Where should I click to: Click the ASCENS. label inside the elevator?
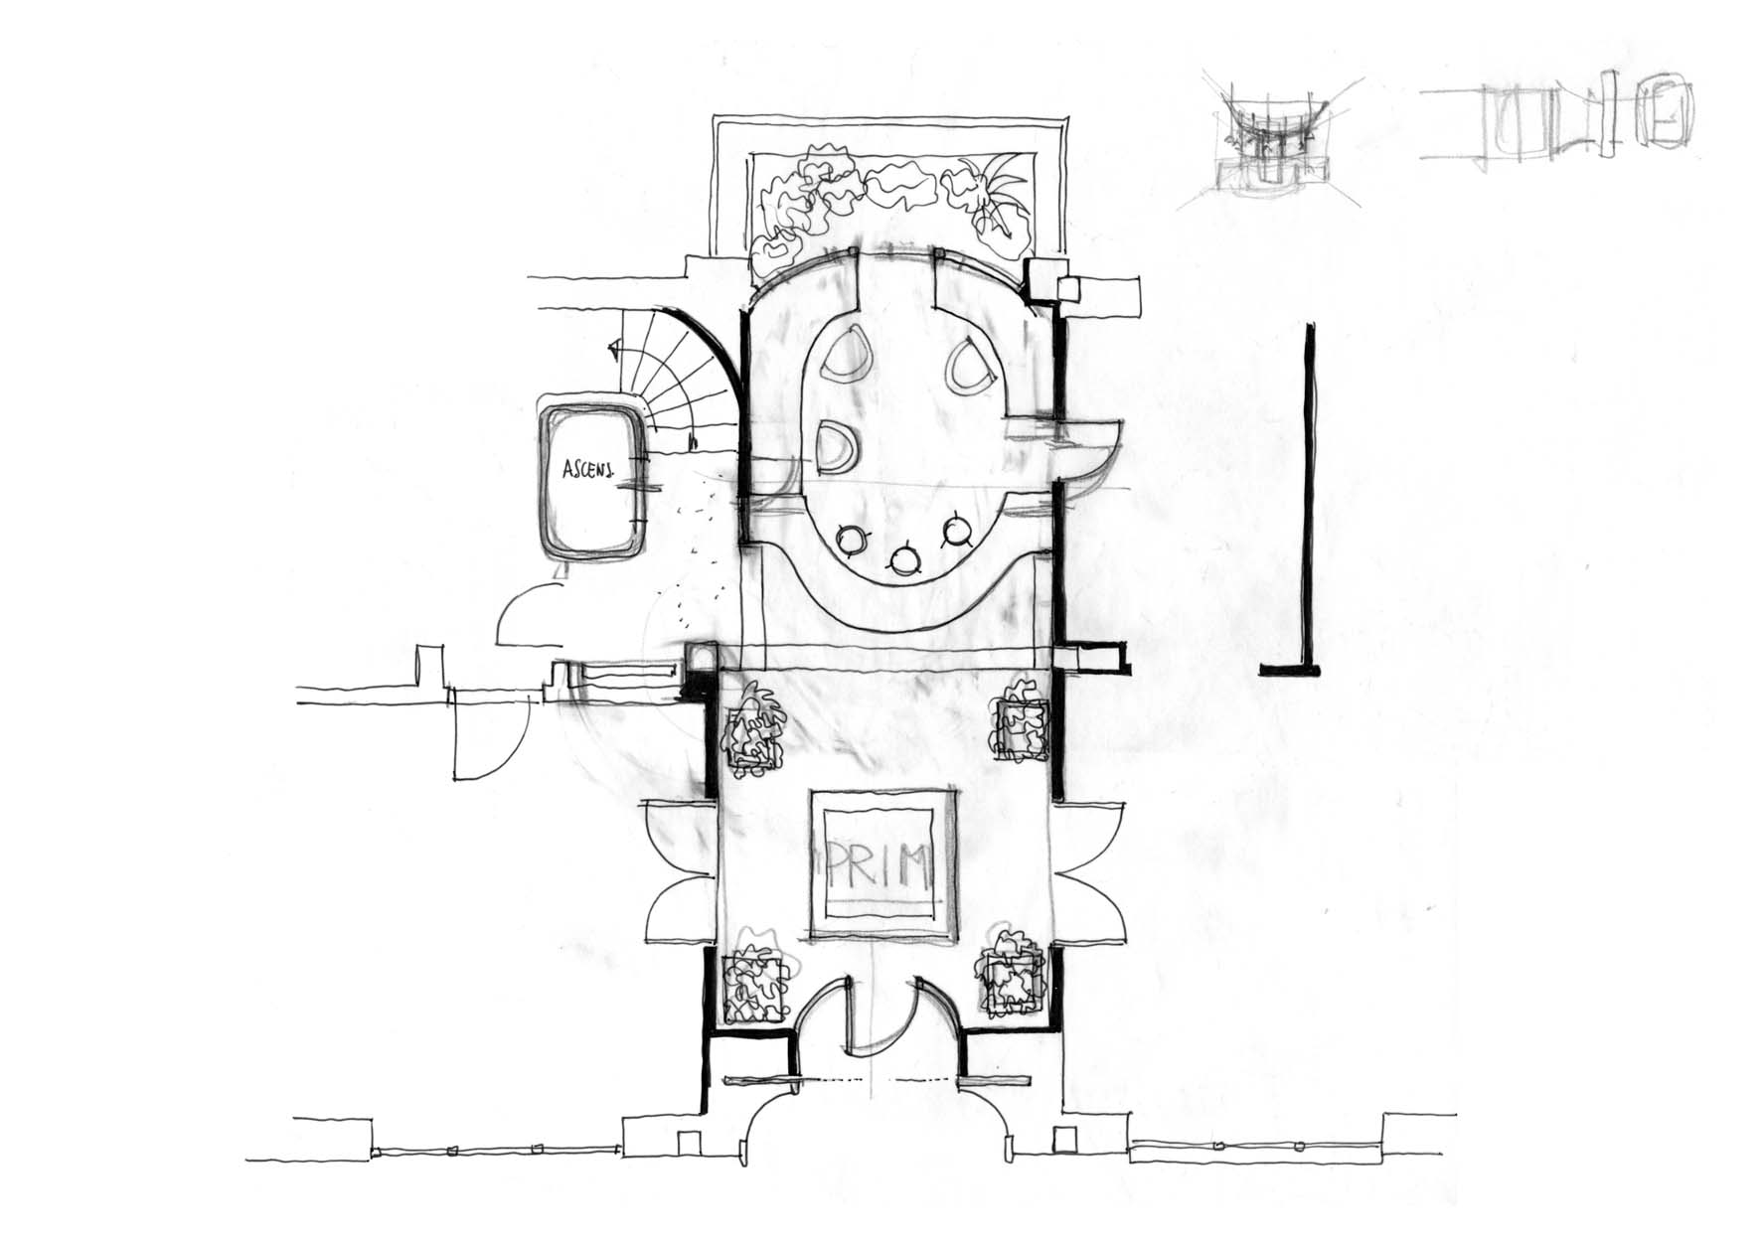587,469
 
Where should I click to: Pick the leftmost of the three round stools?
853,540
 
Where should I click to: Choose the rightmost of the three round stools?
958,532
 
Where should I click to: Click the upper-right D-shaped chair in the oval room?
970,365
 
